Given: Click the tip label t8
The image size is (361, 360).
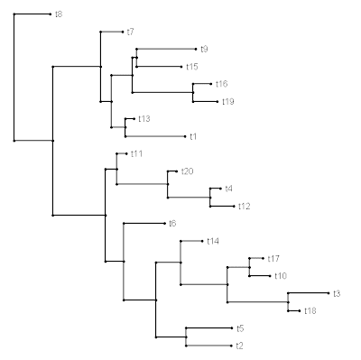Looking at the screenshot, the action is [x=59, y=14].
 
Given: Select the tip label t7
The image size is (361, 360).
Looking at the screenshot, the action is [x=130, y=32].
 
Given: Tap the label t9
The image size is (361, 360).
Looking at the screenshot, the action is [x=204, y=49].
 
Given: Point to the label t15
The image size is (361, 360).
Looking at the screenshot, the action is [x=192, y=67].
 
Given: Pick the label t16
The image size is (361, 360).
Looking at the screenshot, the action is [x=222, y=84].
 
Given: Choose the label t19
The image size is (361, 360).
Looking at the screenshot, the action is [x=228, y=102].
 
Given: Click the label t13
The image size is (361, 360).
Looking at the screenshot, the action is [x=144, y=119].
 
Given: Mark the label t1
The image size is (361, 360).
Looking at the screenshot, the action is [x=193, y=136].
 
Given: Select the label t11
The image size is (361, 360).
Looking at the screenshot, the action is [x=136, y=154].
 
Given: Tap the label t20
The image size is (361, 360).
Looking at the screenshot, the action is [x=187, y=171].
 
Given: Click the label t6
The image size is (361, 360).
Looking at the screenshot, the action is [x=172, y=224].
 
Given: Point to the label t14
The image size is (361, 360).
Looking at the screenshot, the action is [x=213, y=241].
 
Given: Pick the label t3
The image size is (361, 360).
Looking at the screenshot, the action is [x=337, y=293].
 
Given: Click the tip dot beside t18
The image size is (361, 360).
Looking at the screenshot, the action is [x=300, y=311].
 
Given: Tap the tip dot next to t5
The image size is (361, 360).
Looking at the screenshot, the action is [x=232, y=328].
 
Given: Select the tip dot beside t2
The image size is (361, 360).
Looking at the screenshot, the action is [x=232, y=346].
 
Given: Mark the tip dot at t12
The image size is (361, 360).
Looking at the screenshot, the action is [x=234, y=207].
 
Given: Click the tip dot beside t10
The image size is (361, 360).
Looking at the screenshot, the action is [x=271, y=276].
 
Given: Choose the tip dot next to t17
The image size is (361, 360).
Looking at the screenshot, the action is [x=264, y=258].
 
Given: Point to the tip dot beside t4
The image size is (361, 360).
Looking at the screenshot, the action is [x=221, y=189].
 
